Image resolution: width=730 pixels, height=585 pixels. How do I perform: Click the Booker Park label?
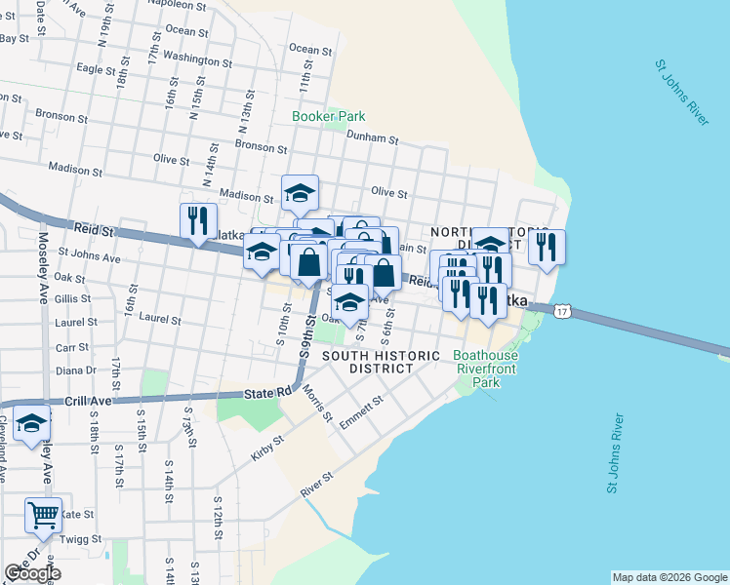coord(329,116)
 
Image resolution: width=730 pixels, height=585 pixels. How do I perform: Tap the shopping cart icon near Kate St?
coord(43,514)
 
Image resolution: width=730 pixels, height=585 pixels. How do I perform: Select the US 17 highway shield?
coord(561,311)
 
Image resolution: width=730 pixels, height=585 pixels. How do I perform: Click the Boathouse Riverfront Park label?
coord(486,370)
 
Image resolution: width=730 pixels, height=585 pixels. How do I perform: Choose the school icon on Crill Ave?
coord(31,425)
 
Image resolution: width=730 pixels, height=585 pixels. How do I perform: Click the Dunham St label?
coord(372,138)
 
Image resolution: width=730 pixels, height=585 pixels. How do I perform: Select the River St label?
coord(317,485)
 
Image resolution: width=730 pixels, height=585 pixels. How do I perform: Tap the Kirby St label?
coord(266,448)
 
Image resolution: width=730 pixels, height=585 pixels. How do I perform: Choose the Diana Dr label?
coord(75,370)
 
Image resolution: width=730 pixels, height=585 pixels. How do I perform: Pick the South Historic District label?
coord(381,363)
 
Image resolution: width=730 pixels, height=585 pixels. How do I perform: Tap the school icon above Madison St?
coord(301,192)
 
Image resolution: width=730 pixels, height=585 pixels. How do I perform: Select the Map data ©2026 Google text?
coord(669,577)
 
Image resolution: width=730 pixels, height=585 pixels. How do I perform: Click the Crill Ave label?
coord(91,401)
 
